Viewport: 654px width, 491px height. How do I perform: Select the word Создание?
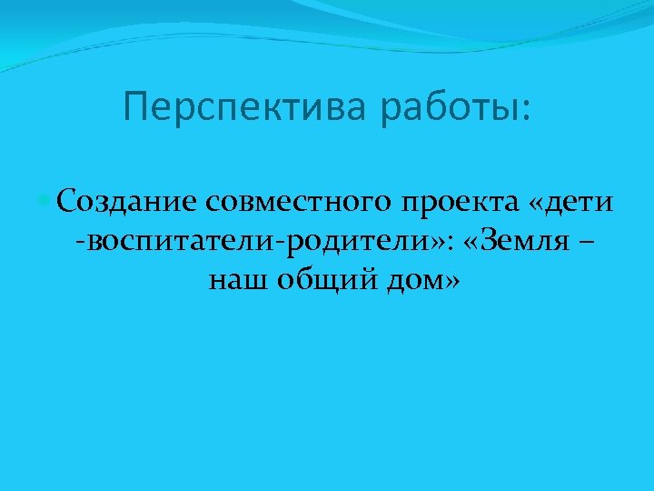[126, 202]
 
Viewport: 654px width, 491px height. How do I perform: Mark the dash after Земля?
[586, 244]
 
